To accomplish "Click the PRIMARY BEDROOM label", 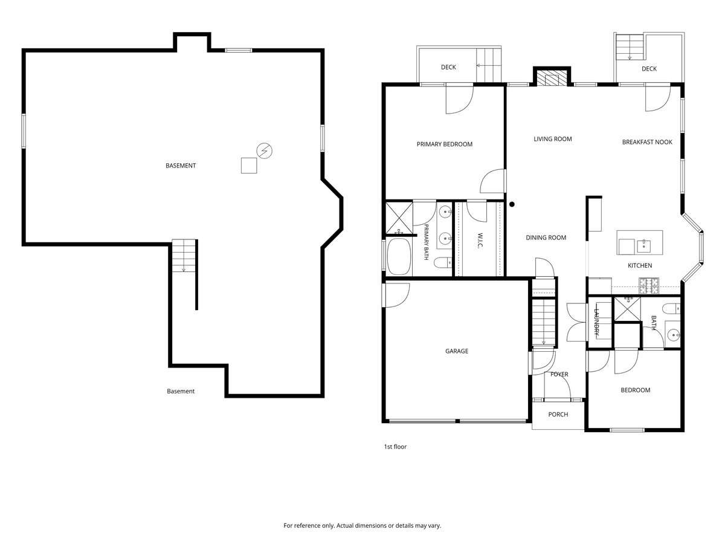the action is pyautogui.click(x=444, y=144).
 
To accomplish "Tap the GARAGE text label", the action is pyautogui.click(x=457, y=351).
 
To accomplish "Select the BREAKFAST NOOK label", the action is pyautogui.click(x=646, y=142).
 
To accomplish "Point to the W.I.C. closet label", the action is pyautogui.click(x=480, y=241).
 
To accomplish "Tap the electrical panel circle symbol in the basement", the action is pyautogui.click(x=264, y=151).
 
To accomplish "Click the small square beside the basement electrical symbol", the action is pyautogui.click(x=249, y=166).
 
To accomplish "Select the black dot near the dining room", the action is pyautogui.click(x=512, y=204).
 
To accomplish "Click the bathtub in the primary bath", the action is pyautogui.click(x=399, y=256).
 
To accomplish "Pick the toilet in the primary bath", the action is pyautogui.click(x=443, y=263).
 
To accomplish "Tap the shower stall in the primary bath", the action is pyautogui.click(x=399, y=218).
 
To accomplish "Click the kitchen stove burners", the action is pyautogui.click(x=649, y=286).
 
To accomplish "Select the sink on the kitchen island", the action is pyautogui.click(x=643, y=246).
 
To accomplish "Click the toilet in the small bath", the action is pyautogui.click(x=671, y=309).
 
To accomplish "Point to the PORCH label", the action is pyautogui.click(x=558, y=414).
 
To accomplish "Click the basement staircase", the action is pyautogui.click(x=184, y=256).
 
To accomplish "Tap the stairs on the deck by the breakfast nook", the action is pyautogui.click(x=630, y=47).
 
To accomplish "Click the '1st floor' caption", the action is pyautogui.click(x=395, y=447).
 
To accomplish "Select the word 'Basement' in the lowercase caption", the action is pyautogui.click(x=180, y=391).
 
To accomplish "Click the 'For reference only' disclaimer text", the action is pyautogui.click(x=362, y=525).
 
